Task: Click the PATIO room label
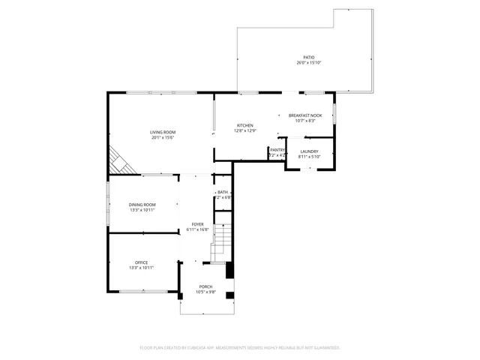pos(308,58)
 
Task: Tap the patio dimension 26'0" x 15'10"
pos(308,63)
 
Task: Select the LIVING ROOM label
pos(163,132)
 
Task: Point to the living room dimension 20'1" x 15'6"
pos(163,137)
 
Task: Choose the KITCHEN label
pos(245,125)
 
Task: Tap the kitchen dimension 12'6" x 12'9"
pos(245,130)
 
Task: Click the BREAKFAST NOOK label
pos(305,115)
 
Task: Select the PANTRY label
pos(277,150)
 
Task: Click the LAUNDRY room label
pos(309,151)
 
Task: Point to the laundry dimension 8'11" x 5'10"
pos(309,157)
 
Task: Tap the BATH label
pos(223,193)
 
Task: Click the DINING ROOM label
pos(142,205)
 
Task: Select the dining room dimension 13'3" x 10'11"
pos(142,210)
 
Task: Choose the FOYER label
pos(197,224)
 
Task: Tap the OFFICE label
pos(141,262)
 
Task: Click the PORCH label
pos(205,287)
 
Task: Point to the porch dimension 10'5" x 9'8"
pos(205,292)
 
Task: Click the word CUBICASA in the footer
pos(217,348)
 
